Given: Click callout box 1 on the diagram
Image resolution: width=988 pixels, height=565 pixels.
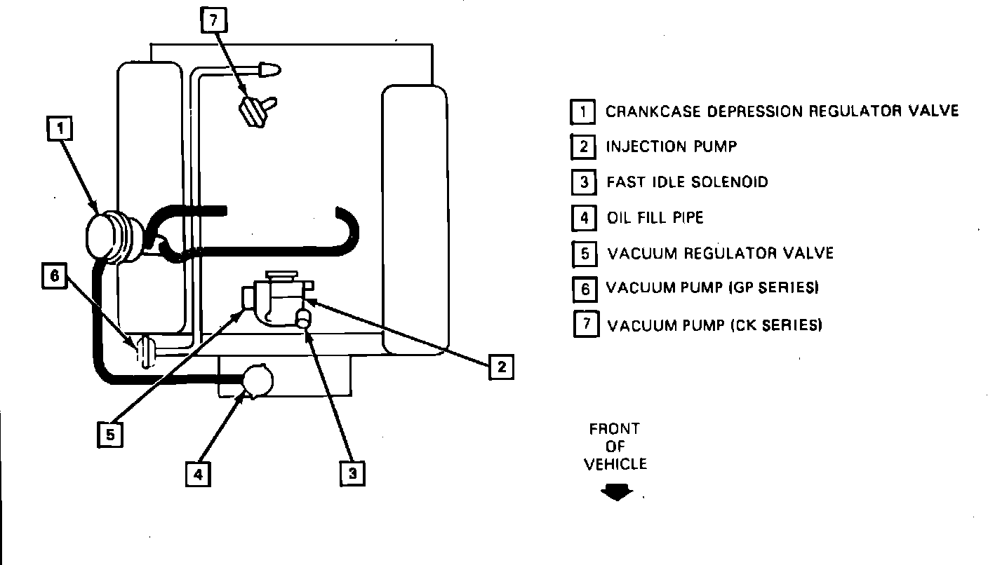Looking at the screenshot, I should point(60,129).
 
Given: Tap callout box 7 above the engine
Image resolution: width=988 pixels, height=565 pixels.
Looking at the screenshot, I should point(213,21).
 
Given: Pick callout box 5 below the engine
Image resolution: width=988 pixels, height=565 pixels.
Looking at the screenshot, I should point(110,435).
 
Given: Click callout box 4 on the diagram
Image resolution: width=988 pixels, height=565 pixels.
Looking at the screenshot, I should point(198,475).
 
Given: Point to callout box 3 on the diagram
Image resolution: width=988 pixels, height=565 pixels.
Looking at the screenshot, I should point(352,473).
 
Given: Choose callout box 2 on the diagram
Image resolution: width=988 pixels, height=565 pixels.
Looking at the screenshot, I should point(501,367).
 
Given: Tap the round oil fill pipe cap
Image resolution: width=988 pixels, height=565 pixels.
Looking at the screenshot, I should point(257,381).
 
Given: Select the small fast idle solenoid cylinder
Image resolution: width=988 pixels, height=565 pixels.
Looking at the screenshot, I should point(304,319).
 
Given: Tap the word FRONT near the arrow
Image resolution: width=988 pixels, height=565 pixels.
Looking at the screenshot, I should point(615,429).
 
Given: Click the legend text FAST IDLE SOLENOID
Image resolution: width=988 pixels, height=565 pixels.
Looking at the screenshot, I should point(687,182).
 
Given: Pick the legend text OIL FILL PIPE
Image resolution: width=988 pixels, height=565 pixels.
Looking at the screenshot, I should point(655,217).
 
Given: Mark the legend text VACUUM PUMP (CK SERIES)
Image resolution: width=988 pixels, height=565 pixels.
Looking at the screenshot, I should point(714,325).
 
